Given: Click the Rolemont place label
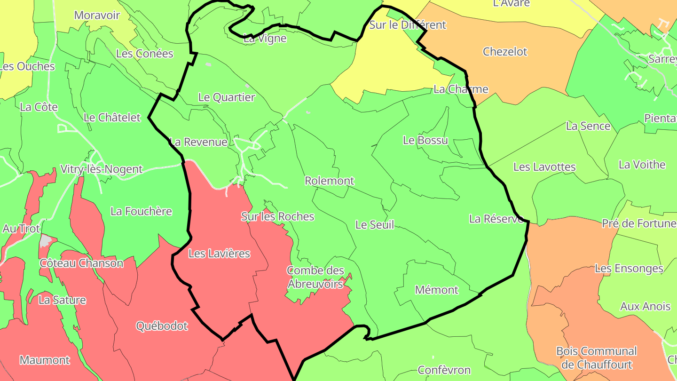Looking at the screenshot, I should [x=329, y=181].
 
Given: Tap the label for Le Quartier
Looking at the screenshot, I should [x=227, y=97].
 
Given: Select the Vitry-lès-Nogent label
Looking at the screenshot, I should [x=101, y=169].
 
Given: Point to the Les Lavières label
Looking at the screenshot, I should [x=219, y=254].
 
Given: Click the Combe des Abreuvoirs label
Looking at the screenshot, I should [x=315, y=278].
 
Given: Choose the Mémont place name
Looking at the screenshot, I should [x=436, y=290].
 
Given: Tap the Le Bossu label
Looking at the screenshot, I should [x=425, y=140].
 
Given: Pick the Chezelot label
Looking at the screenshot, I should [x=505, y=52].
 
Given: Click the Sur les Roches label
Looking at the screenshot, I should [x=277, y=216].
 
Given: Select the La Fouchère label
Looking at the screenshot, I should [x=141, y=211].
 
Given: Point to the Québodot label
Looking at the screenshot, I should [x=162, y=325].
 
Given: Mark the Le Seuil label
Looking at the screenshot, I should [x=375, y=225].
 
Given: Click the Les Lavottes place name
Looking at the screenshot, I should [x=544, y=167].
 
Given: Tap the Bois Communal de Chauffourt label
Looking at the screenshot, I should [x=596, y=358].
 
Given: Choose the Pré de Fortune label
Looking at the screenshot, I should [x=638, y=223].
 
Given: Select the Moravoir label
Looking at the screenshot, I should [x=97, y=15].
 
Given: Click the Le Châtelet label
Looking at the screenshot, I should [x=112, y=118].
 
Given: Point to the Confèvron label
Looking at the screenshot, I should [x=444, y=370].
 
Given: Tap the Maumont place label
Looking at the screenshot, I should [x=45, y=360].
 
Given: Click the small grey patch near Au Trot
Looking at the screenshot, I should [x=46, y=241].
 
